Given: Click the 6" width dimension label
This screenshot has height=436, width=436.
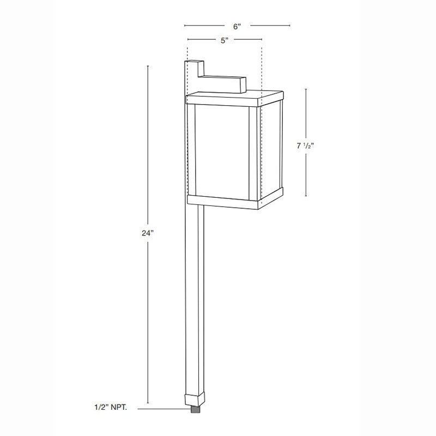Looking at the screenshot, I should coord(237,26).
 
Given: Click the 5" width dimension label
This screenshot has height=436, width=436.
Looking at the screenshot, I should coord(224,40).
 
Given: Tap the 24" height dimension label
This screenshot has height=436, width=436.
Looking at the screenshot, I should coord(148,233).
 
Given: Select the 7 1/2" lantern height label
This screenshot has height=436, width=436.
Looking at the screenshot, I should coord(306,147).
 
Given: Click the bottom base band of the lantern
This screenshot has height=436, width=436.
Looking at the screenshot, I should coord(223,200).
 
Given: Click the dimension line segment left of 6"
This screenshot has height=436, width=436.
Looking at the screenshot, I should coord(204,26).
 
